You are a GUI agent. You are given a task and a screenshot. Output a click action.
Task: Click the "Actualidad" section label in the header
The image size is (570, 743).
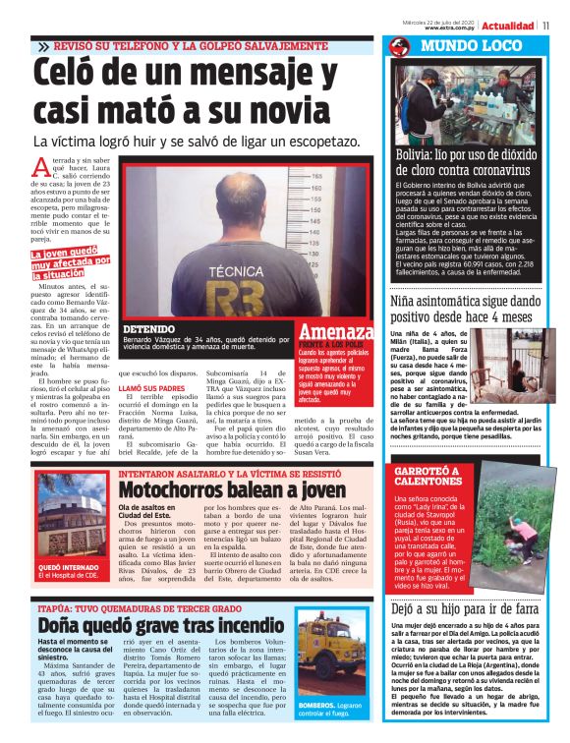click(x=509, y=26)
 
